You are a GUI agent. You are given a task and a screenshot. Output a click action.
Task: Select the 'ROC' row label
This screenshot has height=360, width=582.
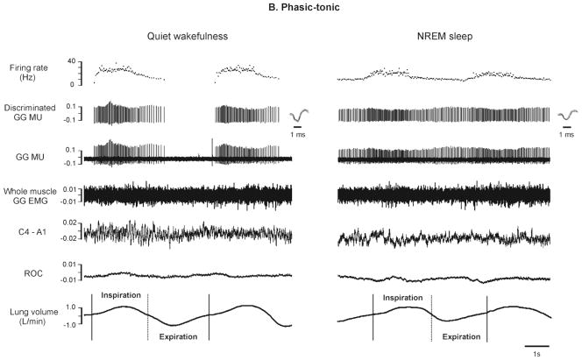tap(29, 273)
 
